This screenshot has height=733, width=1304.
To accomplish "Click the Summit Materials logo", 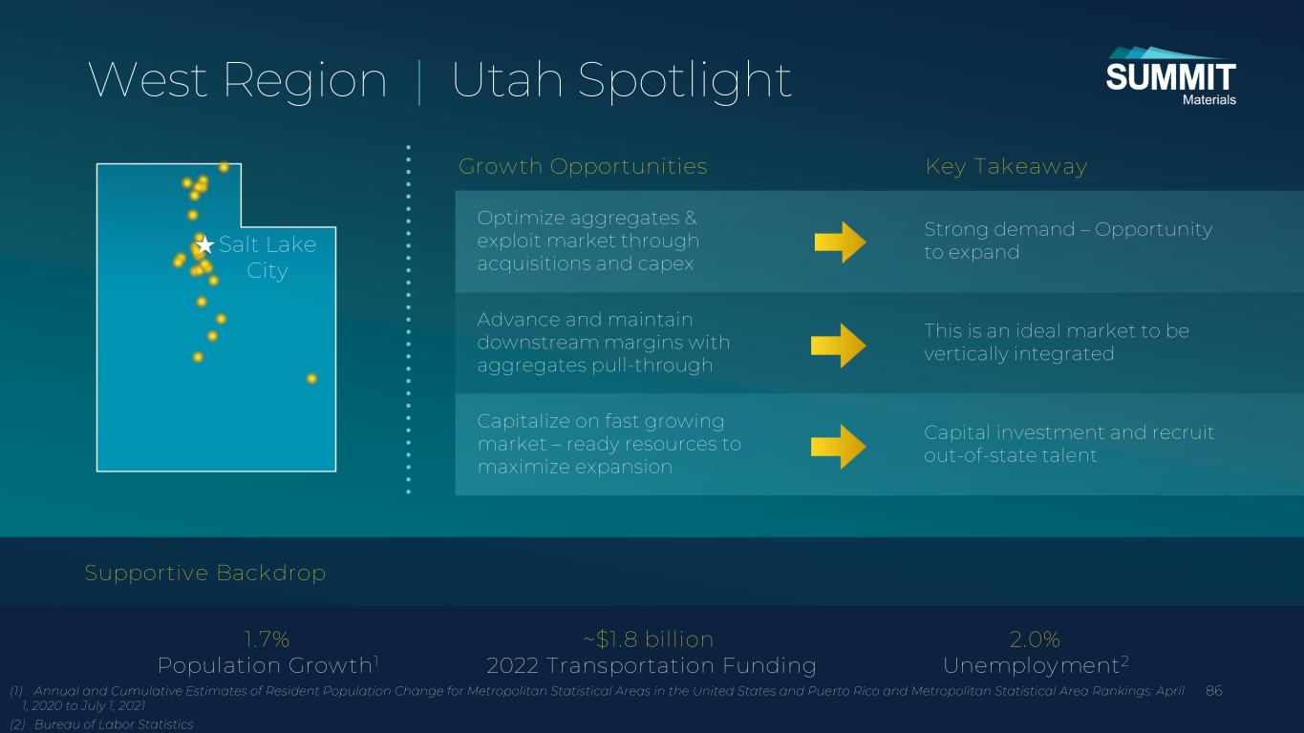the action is tap(1170, 76).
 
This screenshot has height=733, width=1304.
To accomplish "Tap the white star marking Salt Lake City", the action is tap(204, 245).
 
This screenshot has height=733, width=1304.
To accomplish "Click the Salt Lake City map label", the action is tap(267, 257).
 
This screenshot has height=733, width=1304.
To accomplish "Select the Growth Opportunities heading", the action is tap(583, 166).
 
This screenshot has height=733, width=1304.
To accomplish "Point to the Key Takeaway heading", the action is tap(1007, 166).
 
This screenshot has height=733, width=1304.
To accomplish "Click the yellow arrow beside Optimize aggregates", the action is tap(840, 242).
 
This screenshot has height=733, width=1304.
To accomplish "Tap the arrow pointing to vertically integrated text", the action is tap(839, 346).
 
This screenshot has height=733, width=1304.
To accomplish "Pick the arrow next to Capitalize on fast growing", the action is tap(839, 447).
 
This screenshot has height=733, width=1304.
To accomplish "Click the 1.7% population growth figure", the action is tap(267, 639).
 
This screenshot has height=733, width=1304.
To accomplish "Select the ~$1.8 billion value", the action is tap(649, 639).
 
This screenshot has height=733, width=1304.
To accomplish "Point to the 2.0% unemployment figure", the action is tap(1035, 639).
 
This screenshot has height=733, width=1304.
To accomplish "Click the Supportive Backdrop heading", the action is tap(204, 573).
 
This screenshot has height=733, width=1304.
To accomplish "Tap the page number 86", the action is tap(1214, 691).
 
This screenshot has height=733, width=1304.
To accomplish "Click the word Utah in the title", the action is tap(507, 80).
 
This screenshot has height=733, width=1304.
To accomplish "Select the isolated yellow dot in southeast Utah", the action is tap(311, 379).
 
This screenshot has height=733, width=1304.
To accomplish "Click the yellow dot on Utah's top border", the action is tap(224, 168).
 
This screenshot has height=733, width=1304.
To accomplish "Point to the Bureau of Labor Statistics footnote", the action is tap(102, 724).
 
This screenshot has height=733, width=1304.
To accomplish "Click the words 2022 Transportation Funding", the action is tap(652, 665).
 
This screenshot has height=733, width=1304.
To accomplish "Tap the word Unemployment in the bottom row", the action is tap(1031, 666).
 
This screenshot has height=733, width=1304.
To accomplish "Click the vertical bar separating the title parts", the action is tap(419, 81).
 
